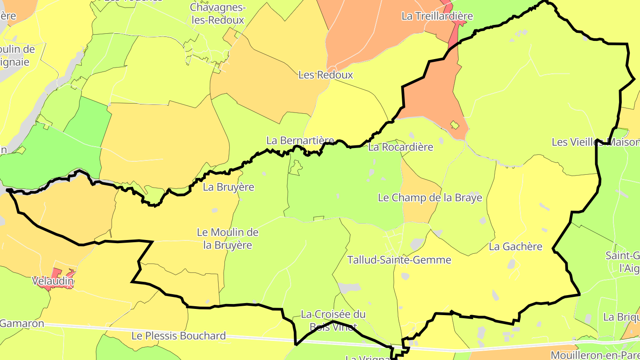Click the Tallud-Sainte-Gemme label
pos(399,260)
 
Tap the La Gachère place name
pos(516,246)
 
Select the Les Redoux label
pos(326,75)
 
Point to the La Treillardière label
pos(437,16)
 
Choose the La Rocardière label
pos(400,147)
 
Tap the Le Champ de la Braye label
pos(430,197)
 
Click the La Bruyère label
pos(228,187)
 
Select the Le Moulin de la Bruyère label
pos(228,239)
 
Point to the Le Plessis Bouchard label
pos(179,336)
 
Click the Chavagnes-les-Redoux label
pos(217,13)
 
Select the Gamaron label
pos(22,324)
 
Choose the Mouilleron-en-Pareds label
pos(595,355)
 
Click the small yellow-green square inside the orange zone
pos(454,125)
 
